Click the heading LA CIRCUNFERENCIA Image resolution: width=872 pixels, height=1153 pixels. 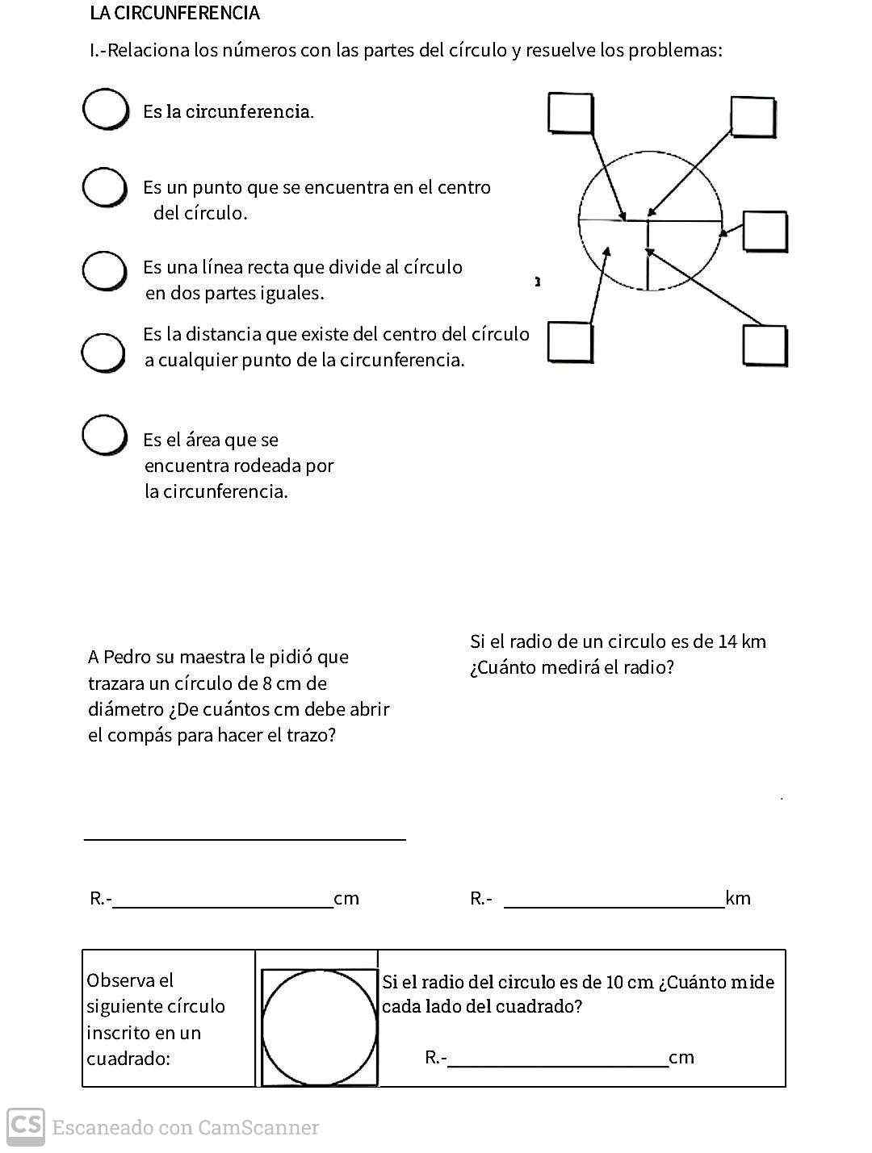pyautogui.click(x=174, y=13)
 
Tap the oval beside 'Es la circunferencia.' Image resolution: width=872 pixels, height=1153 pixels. pyautogui.click(x=105, y=109)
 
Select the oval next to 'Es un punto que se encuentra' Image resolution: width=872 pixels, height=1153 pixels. pyautogui.click(x=105, y=188)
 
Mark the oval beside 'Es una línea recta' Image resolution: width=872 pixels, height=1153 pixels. pyautogui.click(x=104, y=270)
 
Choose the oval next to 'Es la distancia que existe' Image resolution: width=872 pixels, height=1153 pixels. pyautogui.click(x=103, y=352)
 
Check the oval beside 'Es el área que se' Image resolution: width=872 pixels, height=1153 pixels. pyautogui.click(x=104, y=435)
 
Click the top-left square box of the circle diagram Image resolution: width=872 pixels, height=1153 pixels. pyautogui.click(x=571, y=113)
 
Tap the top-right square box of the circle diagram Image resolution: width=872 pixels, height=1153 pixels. pyautogui.click(x=753, y=116)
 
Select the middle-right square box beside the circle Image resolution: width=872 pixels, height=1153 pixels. pyautogui.click(x=765, y=232)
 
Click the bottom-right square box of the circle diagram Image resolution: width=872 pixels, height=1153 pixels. pyautogui.click(x=765, y=345)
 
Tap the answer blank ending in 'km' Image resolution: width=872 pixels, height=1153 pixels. pyautogui.click(x=614, y=899)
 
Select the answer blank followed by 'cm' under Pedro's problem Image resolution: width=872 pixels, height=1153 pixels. pyautogui.click(x=223, y=899)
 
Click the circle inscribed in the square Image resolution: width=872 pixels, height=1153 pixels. pyautogui.click(x=320, y=1027)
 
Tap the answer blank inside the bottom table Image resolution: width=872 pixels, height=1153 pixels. pyautogui.click(x=557, y=1058)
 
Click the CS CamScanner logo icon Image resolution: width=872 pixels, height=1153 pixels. pyautogui.click(x=26, y=1125)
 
